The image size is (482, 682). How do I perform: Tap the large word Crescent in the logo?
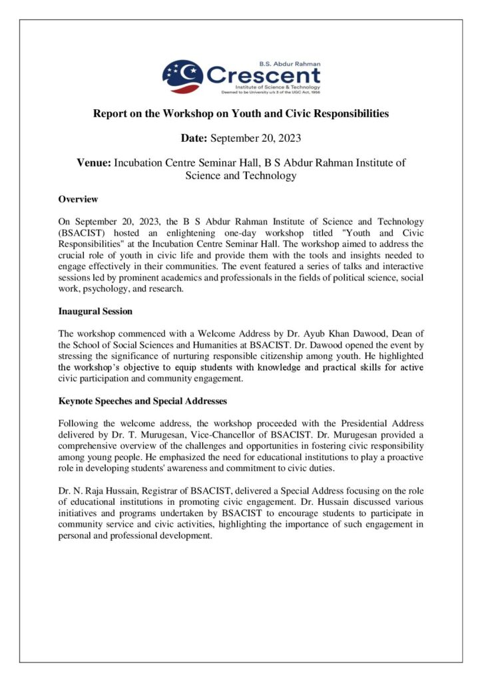263,75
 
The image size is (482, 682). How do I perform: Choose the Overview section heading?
78,199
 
